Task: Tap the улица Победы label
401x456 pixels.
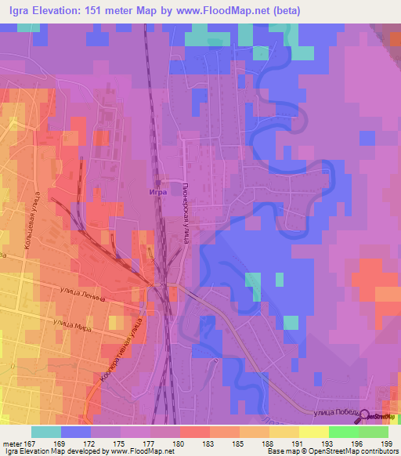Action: (342, 412)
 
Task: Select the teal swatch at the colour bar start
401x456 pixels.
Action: (46, 432)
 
